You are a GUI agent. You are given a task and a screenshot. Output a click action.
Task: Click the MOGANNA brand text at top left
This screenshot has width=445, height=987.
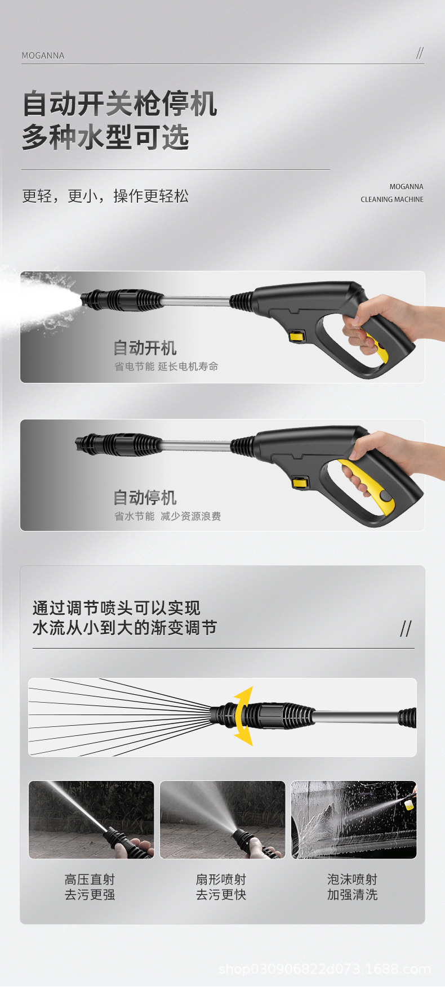(43, 56)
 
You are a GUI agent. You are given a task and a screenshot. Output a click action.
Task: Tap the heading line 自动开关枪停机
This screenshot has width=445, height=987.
(119, 104)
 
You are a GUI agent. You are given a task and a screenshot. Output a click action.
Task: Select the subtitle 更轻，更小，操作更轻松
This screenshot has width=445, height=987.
(105, 196)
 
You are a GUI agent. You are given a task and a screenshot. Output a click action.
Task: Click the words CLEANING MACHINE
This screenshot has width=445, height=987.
(392, 199)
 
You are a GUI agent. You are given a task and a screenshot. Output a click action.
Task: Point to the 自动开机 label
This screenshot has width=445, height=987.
(145, 347)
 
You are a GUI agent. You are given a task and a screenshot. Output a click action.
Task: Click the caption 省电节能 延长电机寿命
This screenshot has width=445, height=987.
(166, 367)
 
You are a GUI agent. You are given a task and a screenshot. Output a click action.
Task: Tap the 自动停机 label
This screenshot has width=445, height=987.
(145, 497)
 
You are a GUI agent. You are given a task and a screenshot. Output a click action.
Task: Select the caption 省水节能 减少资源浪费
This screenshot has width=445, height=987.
(167, 516)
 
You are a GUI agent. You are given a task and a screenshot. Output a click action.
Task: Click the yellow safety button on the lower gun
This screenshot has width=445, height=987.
(300, 482)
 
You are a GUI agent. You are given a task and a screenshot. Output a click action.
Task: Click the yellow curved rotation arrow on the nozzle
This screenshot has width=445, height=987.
(243, 716)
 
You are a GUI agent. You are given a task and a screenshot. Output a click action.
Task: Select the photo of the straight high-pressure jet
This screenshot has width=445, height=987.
(91, 820)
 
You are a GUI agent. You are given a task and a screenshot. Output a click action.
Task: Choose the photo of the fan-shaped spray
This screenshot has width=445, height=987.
(222, 820)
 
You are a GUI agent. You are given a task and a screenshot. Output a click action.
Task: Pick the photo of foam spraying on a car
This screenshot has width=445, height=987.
(354, 820)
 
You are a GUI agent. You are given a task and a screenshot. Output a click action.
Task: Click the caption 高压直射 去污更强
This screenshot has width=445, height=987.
(90, 887)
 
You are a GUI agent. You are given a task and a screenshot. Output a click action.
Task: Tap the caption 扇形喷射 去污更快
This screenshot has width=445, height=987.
(221, 887)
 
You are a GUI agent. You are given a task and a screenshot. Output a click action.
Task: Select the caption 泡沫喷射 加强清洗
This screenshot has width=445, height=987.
(352, 887)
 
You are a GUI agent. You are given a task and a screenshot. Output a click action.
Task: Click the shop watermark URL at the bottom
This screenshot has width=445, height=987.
(324, 969)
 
